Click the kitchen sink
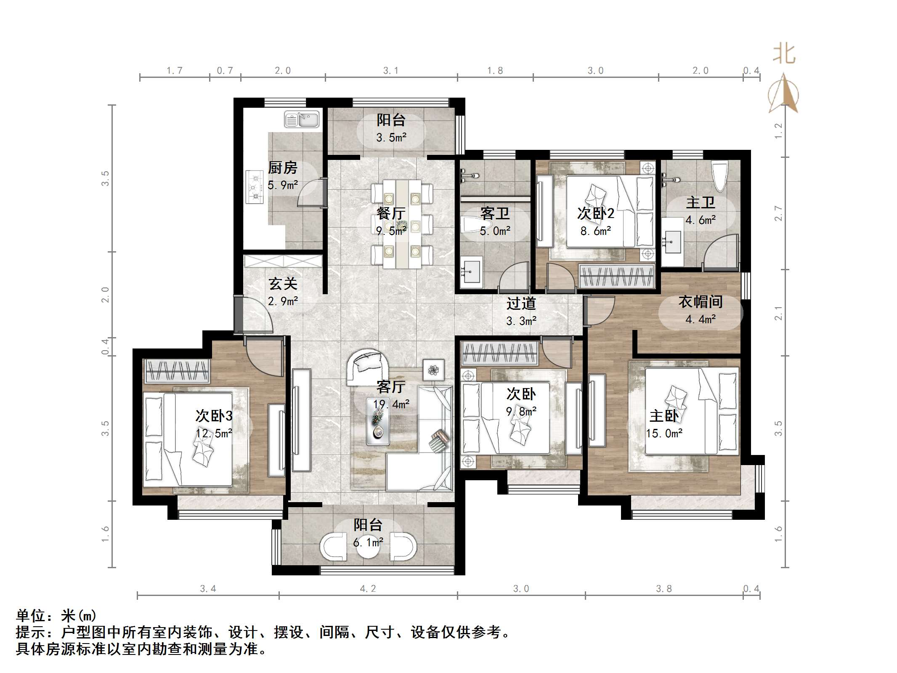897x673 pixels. coord(302,120)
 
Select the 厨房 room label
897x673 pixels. coord(283,168)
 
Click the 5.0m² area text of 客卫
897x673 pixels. coord(495,231)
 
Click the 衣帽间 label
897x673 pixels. coord(701,302)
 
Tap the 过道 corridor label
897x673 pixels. coord(521,303)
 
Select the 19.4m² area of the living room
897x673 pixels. coord(391,404)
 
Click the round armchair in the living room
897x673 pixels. coord(367,364)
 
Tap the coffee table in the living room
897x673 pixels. coord(378,421)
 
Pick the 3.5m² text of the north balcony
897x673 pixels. coord(391,138)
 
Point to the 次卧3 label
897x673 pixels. coord(214,416)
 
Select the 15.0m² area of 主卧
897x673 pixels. coord(664,433)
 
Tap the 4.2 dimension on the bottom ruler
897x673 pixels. coord(368,589)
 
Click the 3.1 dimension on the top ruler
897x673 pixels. coord(390,71)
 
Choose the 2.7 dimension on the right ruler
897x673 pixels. coord(778,213)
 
